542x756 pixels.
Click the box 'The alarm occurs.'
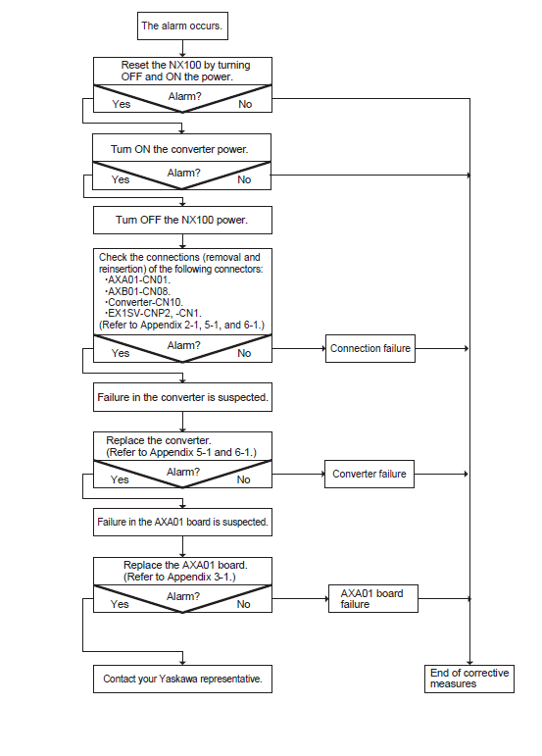tap(182, 26)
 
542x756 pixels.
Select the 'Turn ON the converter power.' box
tap(181, 148)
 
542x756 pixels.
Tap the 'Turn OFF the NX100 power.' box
tap(182, 221)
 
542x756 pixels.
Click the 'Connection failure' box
tap(370, 349)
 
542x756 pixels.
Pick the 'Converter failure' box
tap(370, 474)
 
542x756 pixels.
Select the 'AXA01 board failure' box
tap(373, 599)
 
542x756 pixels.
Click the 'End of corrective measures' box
tap(469, 679)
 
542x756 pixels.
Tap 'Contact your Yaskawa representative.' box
tap(182, 679)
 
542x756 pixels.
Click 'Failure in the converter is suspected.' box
tap(182, 397)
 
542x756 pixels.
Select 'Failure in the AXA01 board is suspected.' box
tap(182, 523)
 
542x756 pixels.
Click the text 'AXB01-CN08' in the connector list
tap(139, 291)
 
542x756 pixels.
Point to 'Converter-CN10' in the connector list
tap(145, 302)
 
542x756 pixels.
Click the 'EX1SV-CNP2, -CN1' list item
tap(154, 314)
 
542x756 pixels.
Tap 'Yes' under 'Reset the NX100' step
tap(122, 104)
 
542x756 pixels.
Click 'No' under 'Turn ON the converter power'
tap(244, 179)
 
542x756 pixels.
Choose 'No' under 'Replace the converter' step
tap(244, 479)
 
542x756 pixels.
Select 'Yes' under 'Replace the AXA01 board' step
tap(120, 604)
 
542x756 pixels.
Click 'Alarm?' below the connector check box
tap(183, 345)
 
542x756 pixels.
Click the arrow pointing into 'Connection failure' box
tap(299, 348)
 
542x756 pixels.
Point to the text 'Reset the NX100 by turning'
tap(185, 65)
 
